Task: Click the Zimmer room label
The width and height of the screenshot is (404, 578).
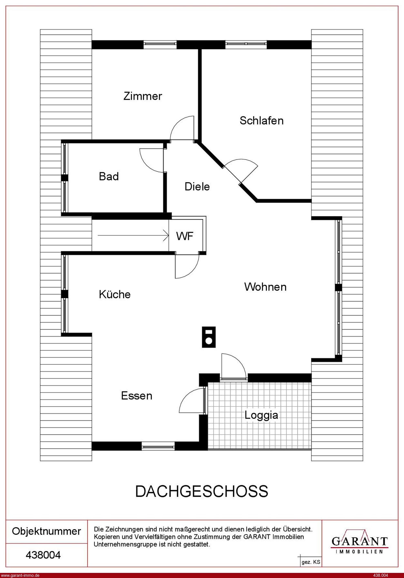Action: pos(143,96)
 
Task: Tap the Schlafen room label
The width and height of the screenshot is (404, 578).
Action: pos(262,121)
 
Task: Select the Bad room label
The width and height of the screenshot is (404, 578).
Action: pos(109,177)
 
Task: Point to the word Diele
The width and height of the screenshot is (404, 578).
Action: pos(197,187)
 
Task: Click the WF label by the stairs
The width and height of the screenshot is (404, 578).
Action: pos(185,236)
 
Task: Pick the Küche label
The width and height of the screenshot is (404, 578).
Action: pos(115,294)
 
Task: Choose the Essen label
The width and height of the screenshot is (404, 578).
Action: pos(137,396)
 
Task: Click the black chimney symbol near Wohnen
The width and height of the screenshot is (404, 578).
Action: pos(209,337)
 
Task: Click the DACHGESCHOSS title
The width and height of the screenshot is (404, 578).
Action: pos(202,491)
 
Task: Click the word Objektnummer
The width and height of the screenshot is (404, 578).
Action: pos(47,531)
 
